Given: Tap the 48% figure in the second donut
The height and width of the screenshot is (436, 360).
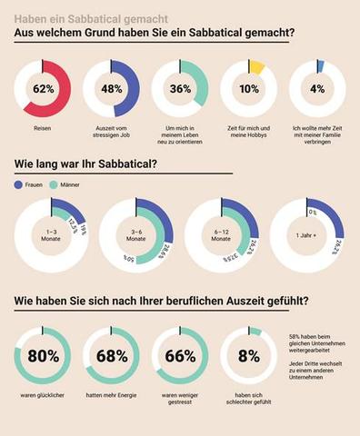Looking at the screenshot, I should click(110, 89).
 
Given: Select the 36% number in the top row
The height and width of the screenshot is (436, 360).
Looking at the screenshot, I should click(179, 89).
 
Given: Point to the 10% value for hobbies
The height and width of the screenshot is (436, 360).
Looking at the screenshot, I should click(248, 89).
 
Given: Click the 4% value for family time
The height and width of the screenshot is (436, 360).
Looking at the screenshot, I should click(316, 89).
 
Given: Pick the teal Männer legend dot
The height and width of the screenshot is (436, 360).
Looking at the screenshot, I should click(55, 184).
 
